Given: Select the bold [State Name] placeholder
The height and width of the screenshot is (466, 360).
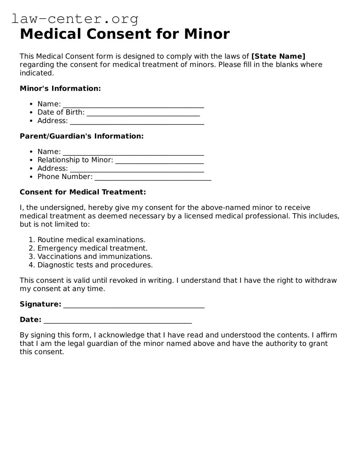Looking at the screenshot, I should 278,56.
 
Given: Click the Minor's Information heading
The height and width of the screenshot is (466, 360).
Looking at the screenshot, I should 60,88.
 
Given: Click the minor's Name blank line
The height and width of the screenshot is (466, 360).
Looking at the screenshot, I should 133,106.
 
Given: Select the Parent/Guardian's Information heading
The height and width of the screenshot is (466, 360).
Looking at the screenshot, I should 82,136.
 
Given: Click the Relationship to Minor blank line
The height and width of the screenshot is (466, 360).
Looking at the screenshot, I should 159,161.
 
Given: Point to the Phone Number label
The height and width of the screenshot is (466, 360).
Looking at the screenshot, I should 65,177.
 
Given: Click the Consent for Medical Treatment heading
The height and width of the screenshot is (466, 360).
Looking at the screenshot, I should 83,192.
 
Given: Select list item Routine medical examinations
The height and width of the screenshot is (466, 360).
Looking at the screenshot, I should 91,240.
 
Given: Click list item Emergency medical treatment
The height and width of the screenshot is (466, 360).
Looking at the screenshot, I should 92,248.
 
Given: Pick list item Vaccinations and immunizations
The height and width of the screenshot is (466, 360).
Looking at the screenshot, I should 95,256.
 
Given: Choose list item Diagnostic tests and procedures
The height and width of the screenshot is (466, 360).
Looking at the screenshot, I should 95,265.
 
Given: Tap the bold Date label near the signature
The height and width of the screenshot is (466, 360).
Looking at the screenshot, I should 30,320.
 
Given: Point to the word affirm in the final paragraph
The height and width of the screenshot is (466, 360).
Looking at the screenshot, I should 326,335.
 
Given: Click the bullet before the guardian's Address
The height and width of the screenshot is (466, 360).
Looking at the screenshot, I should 31,168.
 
